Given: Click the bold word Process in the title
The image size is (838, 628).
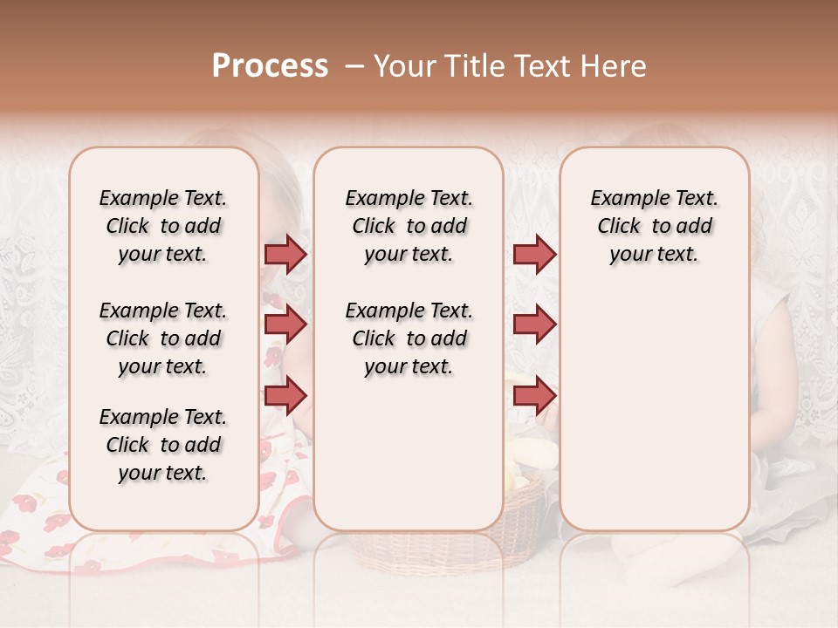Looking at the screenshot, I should point(270,66).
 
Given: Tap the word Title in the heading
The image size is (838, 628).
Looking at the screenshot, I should point(471,66).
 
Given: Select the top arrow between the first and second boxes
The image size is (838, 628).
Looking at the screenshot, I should point(285,254).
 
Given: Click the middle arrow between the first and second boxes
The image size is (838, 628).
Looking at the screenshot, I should point(285,324).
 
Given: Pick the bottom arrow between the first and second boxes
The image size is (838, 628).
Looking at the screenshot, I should point(285,395).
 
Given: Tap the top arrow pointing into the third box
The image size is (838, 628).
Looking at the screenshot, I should point(534,254).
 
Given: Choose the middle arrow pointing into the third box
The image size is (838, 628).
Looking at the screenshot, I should point(534,324).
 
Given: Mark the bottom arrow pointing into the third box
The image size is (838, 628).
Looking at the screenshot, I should point(534,395).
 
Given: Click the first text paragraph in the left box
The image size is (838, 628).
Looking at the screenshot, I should point(163,226).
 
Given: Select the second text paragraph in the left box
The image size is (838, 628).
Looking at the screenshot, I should point(163,338).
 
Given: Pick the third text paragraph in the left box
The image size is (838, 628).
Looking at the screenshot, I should point(163,445).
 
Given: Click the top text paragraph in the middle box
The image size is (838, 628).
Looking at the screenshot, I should point(409,226).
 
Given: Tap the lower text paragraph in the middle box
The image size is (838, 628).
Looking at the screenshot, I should point(409,338).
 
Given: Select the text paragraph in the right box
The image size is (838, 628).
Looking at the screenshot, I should point(654,226).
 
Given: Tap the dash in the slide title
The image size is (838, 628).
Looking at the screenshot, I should point(353,66).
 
